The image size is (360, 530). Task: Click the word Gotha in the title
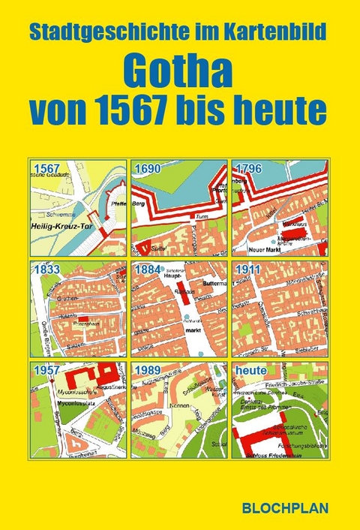click(179, 72)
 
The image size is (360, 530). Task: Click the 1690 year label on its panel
click(148, 167)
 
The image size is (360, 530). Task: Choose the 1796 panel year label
click(248, 167)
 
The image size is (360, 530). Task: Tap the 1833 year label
click(46, 268)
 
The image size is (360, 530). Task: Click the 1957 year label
click(46, 370)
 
